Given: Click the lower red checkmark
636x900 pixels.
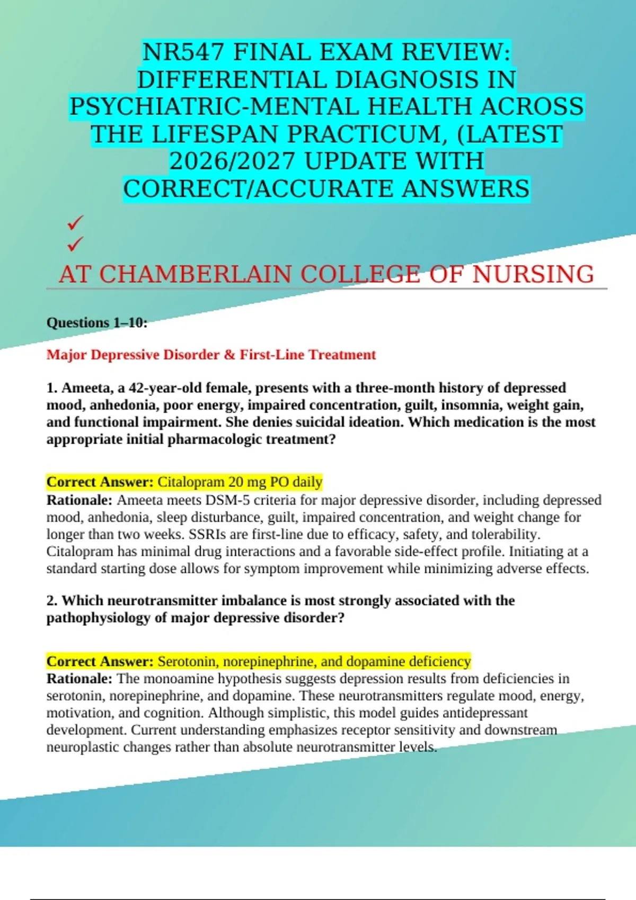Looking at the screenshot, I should (75, 244).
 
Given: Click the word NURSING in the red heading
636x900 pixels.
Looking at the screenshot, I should (533, 274).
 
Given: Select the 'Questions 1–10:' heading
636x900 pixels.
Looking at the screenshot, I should (97, 322).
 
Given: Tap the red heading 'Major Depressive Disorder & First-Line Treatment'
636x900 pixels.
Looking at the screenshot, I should (211, 355).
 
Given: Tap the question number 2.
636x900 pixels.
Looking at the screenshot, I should (51, 601).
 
